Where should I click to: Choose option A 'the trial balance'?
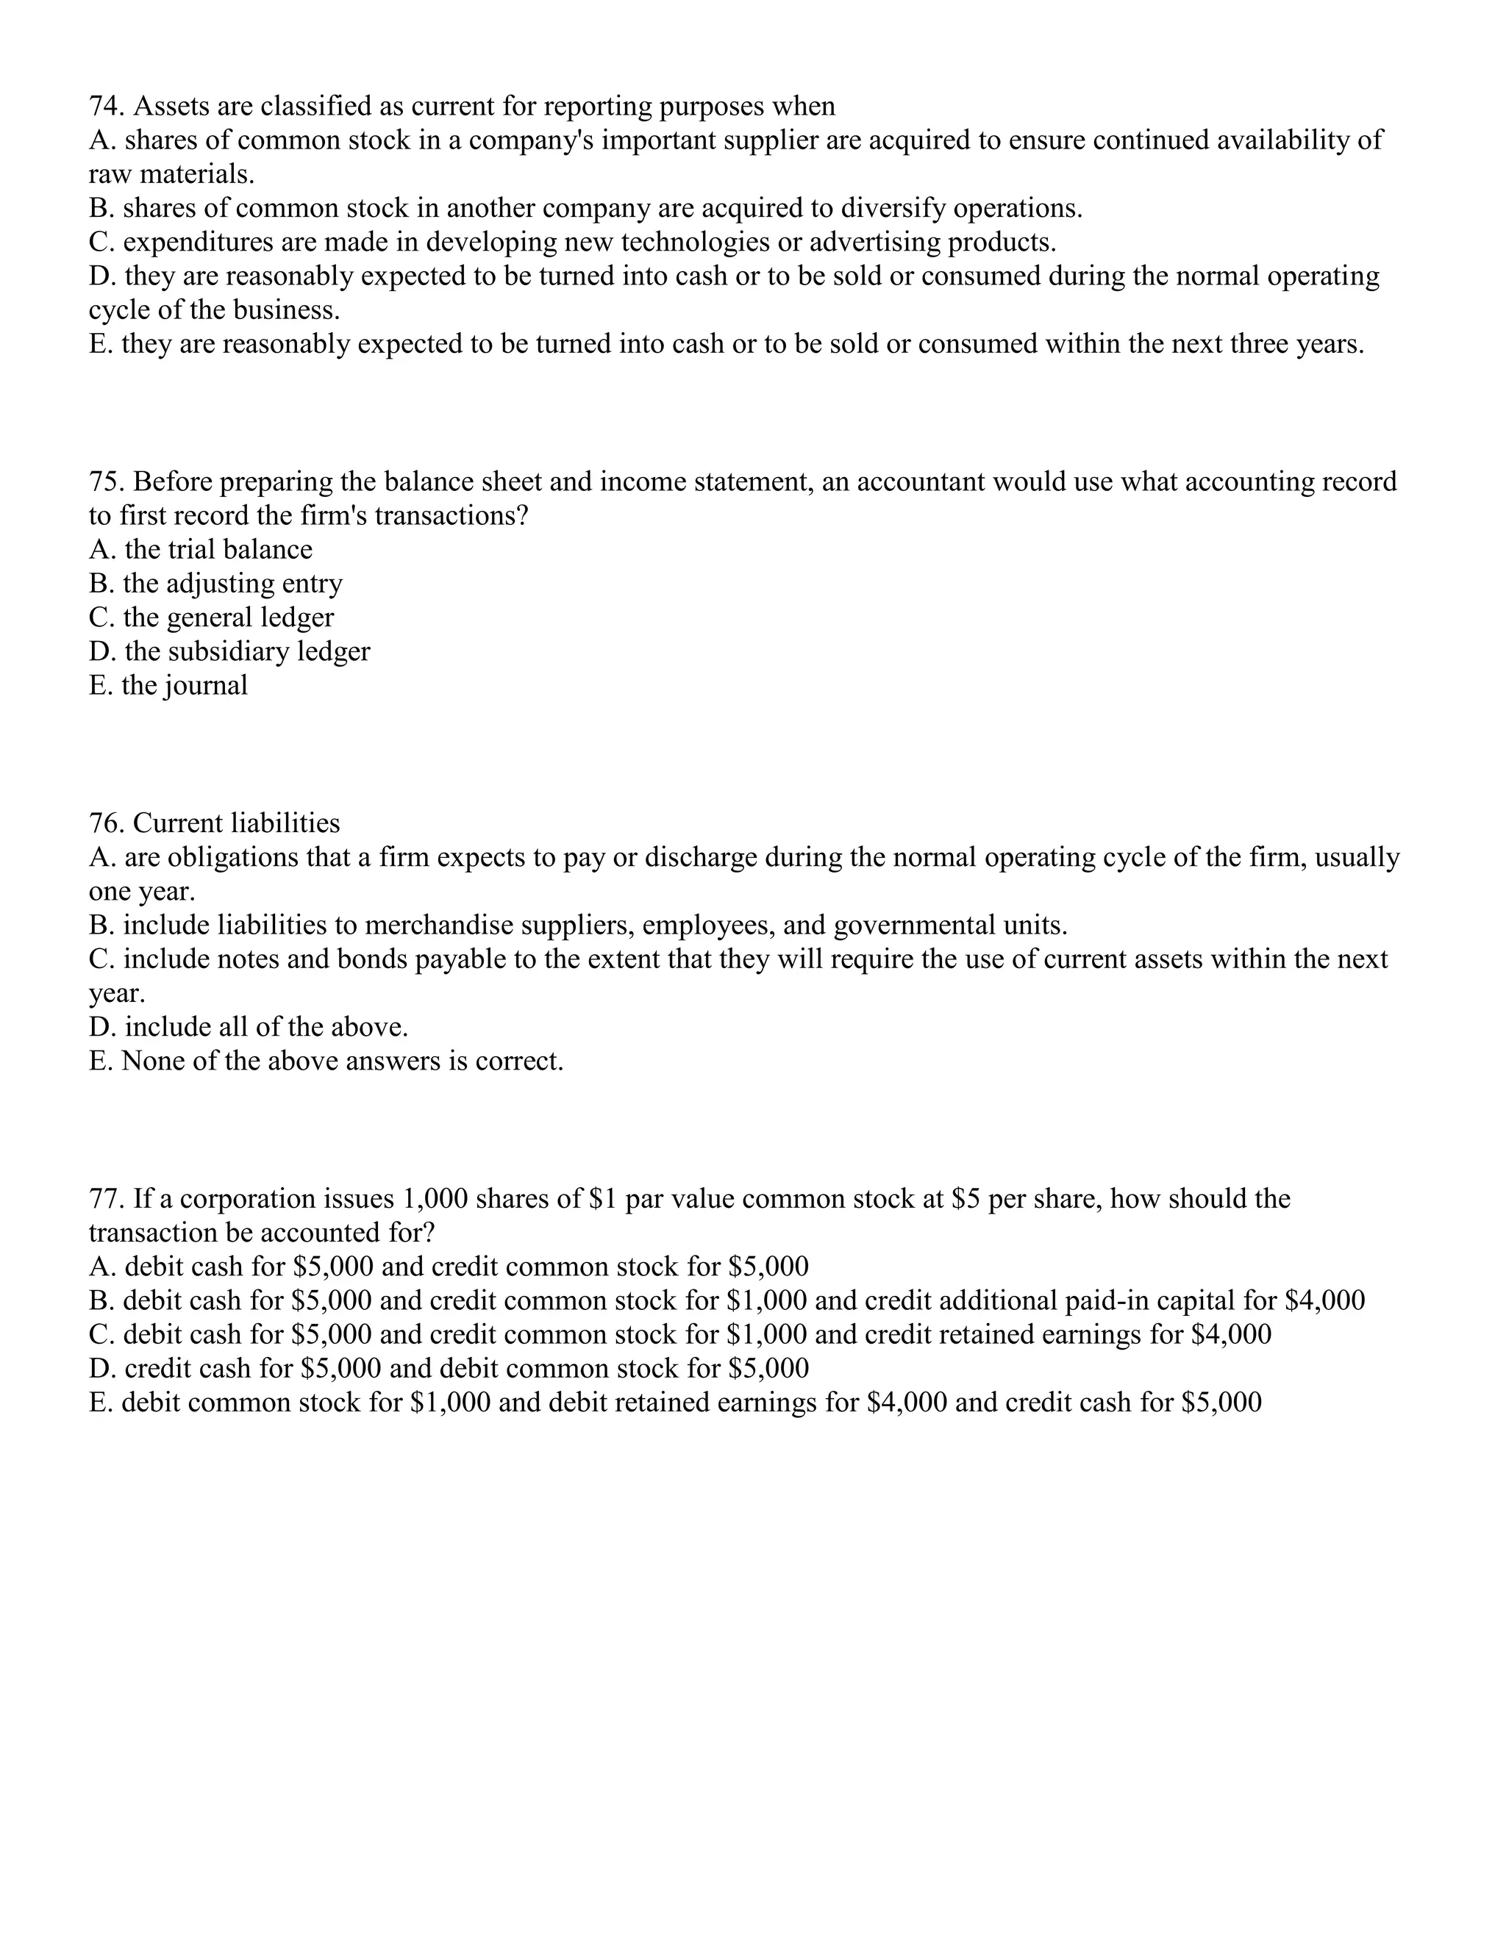[x=201, y=549]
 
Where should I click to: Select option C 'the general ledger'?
[x=212, y=617]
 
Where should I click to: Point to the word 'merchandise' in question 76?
[x=438, y=925]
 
